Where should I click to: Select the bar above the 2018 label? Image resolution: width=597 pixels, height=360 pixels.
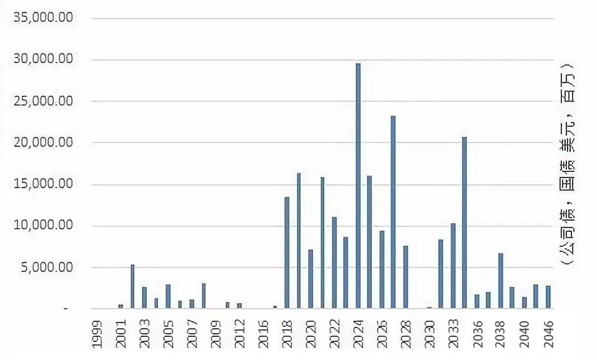point(287,252)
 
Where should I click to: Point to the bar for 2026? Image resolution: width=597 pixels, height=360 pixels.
point(382,269)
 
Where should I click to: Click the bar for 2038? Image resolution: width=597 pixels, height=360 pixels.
point(501,281)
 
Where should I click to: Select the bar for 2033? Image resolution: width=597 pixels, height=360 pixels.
point(453,266)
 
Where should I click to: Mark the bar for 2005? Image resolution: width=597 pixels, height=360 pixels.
point(168,296)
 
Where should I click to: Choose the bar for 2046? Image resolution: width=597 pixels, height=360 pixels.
point(548,297)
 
